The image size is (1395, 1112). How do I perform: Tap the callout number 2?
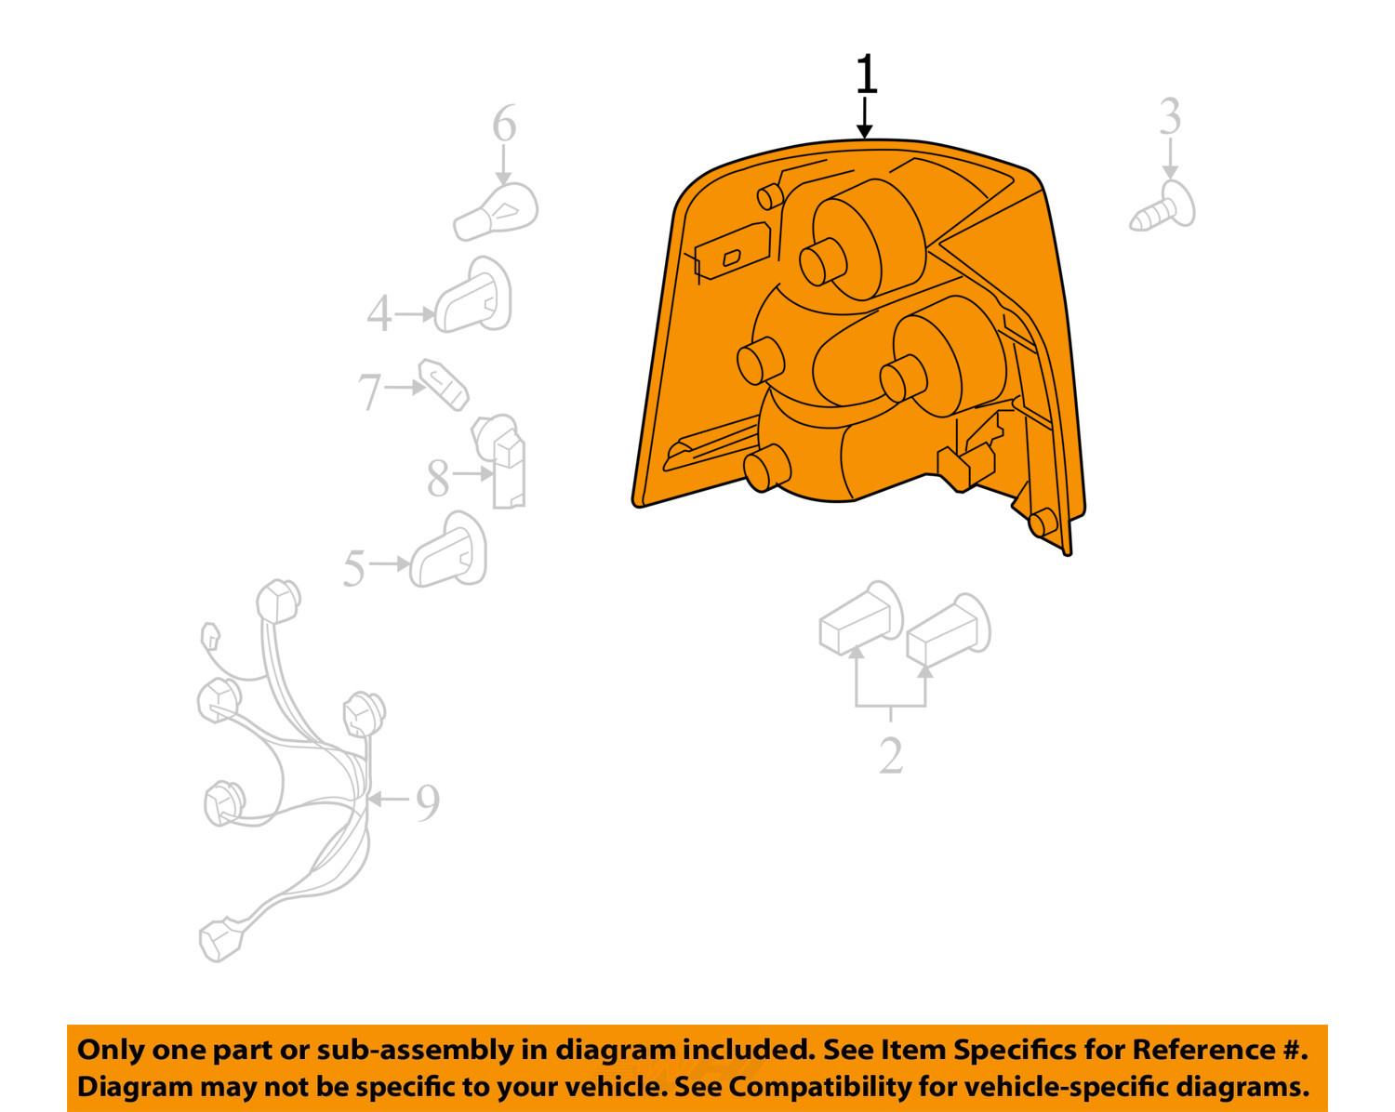tap(891, 755)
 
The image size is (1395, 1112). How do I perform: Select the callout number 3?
tap(1170, 116)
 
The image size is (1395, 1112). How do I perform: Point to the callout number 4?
tap(379, 313)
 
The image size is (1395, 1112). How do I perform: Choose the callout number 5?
tap(354, 568)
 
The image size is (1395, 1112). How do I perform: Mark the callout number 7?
tap(370, 392)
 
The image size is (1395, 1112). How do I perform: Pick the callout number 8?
tap(438, 478)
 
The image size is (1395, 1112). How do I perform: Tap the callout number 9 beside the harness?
tap(428, 801)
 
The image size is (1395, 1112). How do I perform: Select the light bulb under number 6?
tap(496, 212)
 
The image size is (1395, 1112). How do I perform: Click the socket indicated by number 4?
tap(472, 296)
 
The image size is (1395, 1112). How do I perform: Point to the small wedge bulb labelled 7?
tap(444, 385)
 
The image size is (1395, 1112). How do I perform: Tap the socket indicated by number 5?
tap(448, 550)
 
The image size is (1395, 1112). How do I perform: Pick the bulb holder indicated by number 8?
tap(499, 461)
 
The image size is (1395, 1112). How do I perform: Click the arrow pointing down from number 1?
tap(864, 118)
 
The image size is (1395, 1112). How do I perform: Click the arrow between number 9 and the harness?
tap(389, 799)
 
